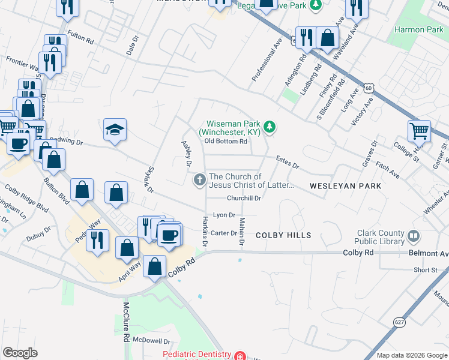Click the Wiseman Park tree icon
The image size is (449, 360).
[x=271, y=126]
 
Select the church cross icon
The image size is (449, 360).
[x=199, y=180]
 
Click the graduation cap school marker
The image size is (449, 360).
[x=115, y=130]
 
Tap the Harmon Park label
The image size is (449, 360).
[x=418, y=29]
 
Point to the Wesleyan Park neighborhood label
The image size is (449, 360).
[x=345, y=186]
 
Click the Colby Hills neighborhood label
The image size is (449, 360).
[x=283, y=235]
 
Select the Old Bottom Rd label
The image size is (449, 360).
[x=226, y=142]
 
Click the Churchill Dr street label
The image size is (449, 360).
[x=244, y=198]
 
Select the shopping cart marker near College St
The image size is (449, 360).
[x=418, y=130]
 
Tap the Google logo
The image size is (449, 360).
[x=20, y=353]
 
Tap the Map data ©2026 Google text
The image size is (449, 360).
[x=411, y=355]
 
